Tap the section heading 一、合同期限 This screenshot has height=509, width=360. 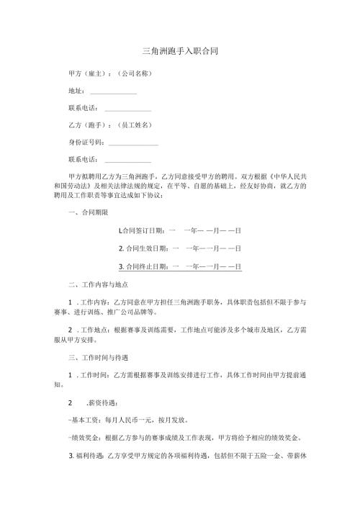(x=88, y=212)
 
